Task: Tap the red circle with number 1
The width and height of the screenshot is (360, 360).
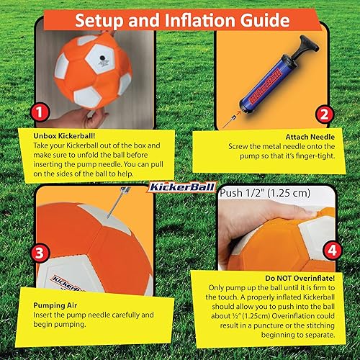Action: click(x=40, y=114)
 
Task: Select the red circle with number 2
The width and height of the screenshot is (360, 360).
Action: click(x=324, y=113)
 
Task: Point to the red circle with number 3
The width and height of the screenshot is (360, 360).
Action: click(x=39, y=253)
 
